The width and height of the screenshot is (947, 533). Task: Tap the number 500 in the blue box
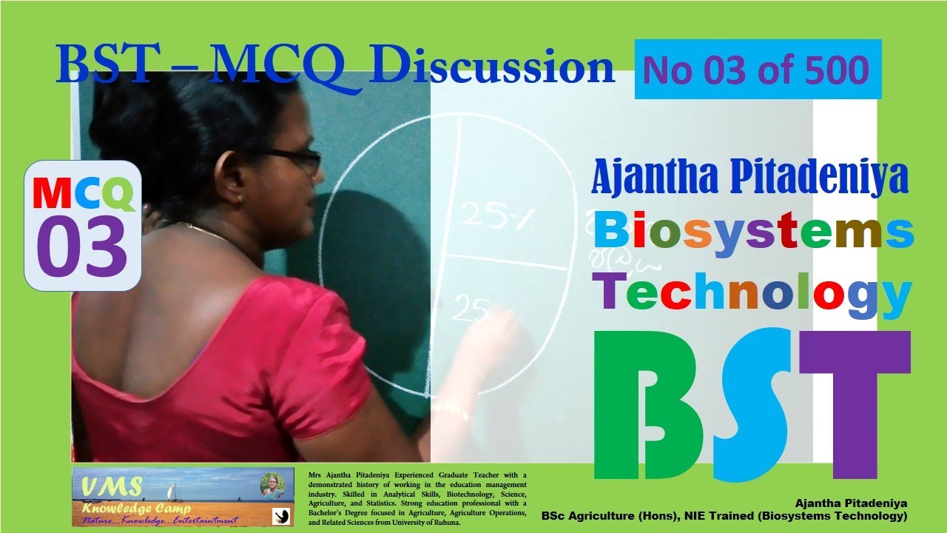pos(836,70)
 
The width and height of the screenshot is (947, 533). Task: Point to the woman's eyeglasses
pos(292,158)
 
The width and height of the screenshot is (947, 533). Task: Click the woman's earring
pos(242,199)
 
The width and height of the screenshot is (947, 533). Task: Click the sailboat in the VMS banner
pos(171,491)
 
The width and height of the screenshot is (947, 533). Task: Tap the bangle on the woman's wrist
pos(452,410)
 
